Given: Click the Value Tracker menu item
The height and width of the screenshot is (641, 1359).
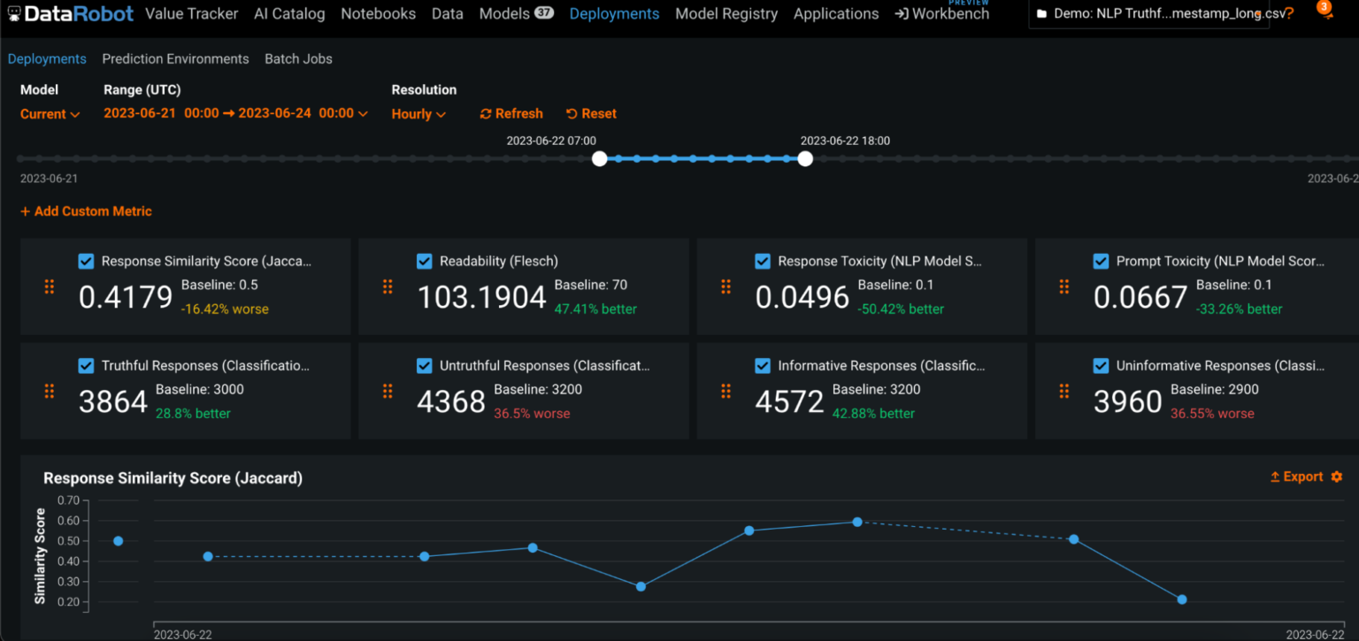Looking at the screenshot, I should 191,14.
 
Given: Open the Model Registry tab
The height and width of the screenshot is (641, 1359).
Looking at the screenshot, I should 726,14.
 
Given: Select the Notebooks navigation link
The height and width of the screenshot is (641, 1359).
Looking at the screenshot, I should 378,14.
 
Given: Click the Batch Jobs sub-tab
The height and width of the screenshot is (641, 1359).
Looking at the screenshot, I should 298,59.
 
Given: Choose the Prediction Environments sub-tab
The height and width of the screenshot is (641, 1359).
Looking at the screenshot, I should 175,59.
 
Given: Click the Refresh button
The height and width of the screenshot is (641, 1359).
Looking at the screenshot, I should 511,114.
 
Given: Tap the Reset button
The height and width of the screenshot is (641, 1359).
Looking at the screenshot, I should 591,114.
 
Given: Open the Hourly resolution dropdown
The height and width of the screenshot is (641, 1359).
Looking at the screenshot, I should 418,114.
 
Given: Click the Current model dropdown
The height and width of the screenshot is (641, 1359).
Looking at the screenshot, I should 50,114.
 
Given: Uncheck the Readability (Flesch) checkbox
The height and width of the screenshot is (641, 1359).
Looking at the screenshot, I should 424,262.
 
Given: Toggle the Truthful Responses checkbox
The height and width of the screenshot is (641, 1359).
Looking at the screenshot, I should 86,366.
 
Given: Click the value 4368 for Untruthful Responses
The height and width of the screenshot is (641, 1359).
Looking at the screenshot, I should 450,402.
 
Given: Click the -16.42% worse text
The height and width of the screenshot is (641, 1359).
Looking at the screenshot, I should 225,309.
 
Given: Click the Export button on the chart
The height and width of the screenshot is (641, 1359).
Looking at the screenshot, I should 1296,477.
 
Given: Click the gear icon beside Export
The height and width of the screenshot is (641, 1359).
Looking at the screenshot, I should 1336,477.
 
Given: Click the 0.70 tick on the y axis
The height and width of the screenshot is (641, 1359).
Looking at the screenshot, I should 68,500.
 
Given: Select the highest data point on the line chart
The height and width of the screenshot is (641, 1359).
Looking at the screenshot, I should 856,522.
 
